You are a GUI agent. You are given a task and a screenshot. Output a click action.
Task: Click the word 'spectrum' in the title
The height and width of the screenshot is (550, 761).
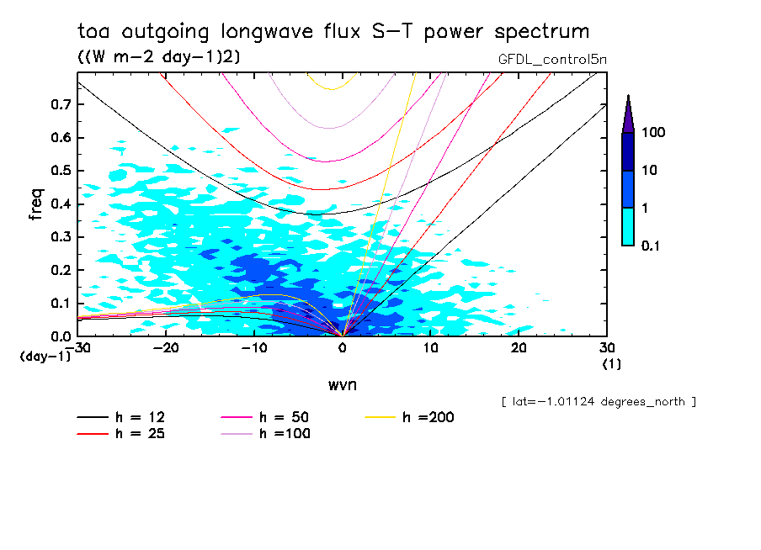(x=538, y=33)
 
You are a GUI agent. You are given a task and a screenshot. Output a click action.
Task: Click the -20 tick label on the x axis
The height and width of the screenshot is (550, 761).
(x=166, y=347)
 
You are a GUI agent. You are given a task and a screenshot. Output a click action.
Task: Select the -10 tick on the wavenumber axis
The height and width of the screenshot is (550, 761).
(x=254, y=347)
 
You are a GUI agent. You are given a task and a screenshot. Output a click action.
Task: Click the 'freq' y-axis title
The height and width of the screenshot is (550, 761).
(x=35, y=204)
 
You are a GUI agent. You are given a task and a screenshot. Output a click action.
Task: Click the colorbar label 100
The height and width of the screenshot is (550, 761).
(x=653, y=133)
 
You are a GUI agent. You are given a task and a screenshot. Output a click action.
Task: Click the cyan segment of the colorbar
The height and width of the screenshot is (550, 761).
(x=628, y=226)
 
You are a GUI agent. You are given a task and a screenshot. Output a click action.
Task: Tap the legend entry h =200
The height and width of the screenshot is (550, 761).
(x=410, y=417)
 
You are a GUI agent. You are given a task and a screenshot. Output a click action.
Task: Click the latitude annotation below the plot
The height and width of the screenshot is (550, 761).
(x=598, y=401)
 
